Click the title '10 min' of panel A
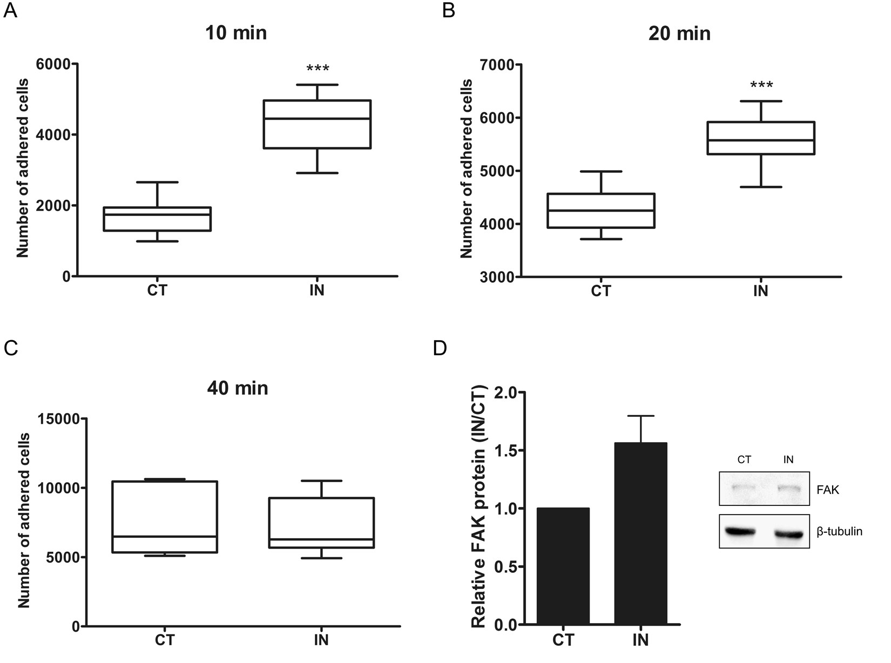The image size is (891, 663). point(236,33)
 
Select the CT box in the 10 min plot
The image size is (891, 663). point(157,219)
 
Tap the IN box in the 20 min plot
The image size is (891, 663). point(761,138)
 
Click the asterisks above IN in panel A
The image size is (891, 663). point(318,69)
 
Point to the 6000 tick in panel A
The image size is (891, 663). point(53,64)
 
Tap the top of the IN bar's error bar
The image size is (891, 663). point(641,416)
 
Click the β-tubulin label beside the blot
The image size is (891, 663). point(839,532)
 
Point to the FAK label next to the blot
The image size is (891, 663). point(828,490)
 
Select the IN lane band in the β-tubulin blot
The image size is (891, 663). point(788,535)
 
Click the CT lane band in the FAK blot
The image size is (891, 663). point(744,487)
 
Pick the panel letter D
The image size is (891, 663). point(440,348)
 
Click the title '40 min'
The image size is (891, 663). point(238,388)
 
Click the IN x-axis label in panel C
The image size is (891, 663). point(321,640)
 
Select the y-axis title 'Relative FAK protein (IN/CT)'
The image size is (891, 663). point(480,506)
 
